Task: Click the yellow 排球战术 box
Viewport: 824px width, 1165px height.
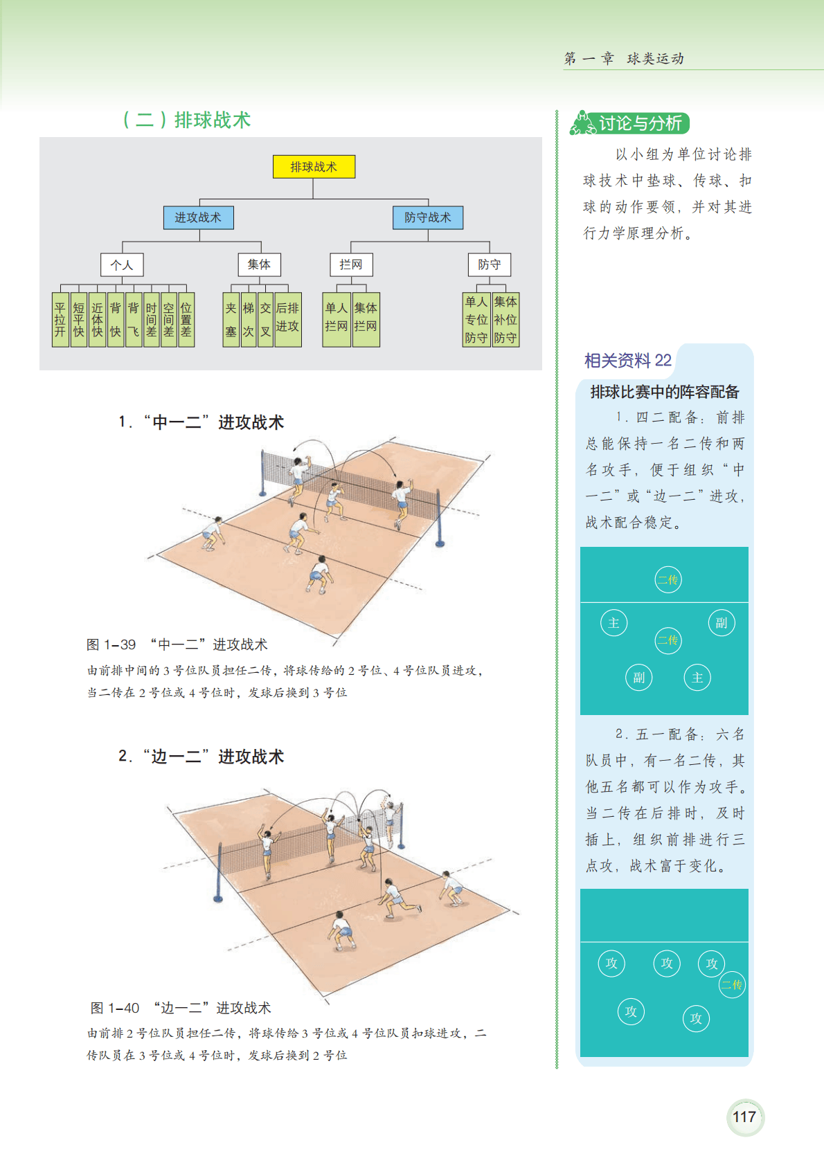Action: click(x=314, y=167)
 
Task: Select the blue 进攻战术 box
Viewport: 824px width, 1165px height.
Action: click(x=199, y=217)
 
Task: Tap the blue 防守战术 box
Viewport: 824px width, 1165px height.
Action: click(x=428, y=217)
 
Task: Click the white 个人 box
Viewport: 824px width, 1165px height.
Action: click(x=122, y=264)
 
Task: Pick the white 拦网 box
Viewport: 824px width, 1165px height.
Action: click(x=351, y=264)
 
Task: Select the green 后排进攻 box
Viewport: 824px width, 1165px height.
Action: click(x=287, y=319)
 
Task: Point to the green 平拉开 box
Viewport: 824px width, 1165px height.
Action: click(x=60, y=319)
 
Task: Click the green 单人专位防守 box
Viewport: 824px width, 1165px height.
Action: click(x=476, y=319)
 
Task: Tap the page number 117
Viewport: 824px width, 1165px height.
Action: click(x=744, y=1117)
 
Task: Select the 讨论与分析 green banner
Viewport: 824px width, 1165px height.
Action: click(x=630, y=123)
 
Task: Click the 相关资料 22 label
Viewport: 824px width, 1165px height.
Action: click(x=628, y=360)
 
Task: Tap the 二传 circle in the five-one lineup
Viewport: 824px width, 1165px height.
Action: click(x=732, y=984)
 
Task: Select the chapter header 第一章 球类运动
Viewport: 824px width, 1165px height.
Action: click(x=624, y=59)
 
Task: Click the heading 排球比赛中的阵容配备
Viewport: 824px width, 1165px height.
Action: click(x=665, y=392)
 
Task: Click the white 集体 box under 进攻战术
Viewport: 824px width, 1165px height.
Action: click(x=260, y=264)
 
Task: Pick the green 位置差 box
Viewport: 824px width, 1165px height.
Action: click(x=186, y=319)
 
